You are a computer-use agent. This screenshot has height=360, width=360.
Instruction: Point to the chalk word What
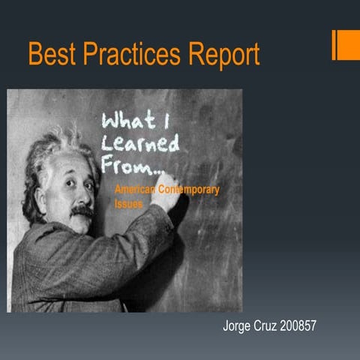(x=127, y=120)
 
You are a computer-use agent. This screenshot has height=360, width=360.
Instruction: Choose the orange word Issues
(x=128, y=203)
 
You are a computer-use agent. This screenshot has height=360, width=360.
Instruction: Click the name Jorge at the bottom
(x=238, y=327)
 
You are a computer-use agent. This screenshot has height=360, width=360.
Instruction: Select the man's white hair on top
(x=56, y=146)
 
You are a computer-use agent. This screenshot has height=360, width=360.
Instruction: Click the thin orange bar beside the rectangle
(x=334, y=45)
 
